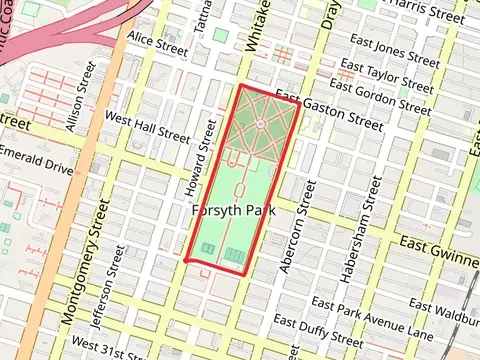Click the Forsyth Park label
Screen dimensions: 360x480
coord(232,210)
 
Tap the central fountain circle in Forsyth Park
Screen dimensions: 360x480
coord(258,124)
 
